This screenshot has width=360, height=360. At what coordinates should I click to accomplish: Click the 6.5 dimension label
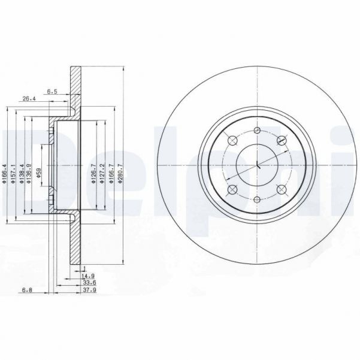[52, 92]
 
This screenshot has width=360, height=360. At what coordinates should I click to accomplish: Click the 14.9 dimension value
[87, 276]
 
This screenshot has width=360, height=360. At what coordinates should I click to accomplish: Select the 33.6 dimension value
[87, 284]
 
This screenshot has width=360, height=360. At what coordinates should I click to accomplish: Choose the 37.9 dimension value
[87, 292]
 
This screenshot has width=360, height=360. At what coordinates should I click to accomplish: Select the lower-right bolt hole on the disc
[280, 190]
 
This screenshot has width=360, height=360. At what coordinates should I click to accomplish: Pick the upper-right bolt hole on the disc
[280, 141]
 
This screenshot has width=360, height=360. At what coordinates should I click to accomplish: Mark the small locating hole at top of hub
[256, 131]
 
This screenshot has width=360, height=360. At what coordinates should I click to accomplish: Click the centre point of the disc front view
[256, 165]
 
